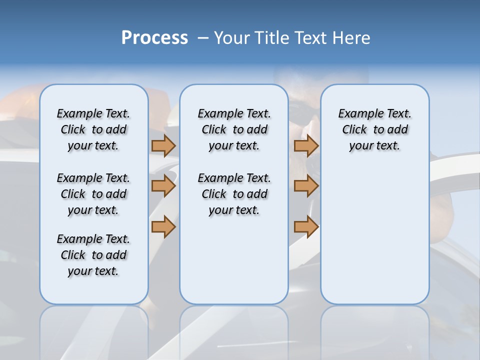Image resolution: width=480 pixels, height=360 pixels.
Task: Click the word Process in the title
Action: [x=154, y=38]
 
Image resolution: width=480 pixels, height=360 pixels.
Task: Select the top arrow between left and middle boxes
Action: [x=163, y=146]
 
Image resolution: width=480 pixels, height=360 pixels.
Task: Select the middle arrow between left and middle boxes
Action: [x=163, y=186]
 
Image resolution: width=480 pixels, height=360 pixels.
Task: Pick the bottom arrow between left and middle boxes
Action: [x=163, y=226]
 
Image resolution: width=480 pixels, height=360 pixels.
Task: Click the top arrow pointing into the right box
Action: [x=306, y=146]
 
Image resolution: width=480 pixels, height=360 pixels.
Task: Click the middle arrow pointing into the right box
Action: [x=306, y=186]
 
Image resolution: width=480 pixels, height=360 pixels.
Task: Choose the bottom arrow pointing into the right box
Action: [x=306, y=226]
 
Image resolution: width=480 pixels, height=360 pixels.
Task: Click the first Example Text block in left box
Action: [x=93, y=129]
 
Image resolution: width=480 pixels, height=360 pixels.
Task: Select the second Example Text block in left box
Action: [x=93, y=194]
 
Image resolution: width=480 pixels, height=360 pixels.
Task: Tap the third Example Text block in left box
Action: [x=93, y=255]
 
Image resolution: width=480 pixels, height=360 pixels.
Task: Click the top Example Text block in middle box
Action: [x=234, y=129]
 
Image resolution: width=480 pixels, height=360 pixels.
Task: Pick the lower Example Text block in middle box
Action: [x=234, y=194]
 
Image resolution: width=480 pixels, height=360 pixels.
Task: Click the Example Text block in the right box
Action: [x=374, y=129]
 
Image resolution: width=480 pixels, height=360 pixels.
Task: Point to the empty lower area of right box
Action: [x=374, y=235]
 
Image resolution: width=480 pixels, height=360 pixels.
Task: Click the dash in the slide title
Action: [x=203, y=38]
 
